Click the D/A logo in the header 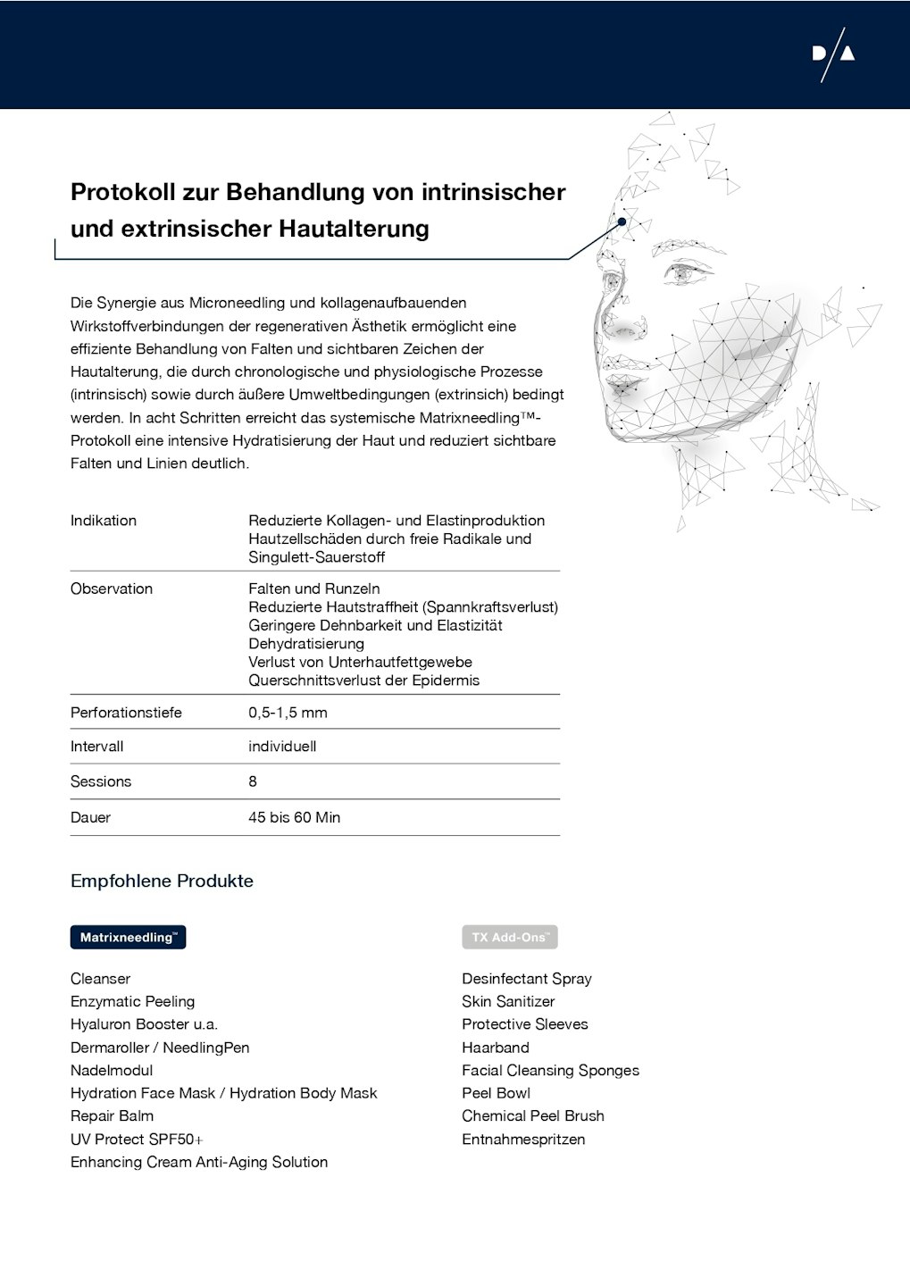(x=833, y=54)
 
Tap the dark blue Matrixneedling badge (x=128, y=937)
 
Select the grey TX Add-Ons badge (x=509, y=937)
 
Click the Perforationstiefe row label (x=126, y=713)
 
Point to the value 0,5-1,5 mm (x=288, y=713)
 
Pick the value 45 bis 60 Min (x=294, y=817)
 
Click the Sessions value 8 (x=253, y=781)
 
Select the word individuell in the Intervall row (x=282, y=747)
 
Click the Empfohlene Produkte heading (x=162, y=881)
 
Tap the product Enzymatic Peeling (x=132, y=1002)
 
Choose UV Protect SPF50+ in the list (x=137, y=1140)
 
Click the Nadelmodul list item (x=112, y=1070)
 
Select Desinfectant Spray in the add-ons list (x=526, y=979)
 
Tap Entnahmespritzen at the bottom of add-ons (x=523, y=1140)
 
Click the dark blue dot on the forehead (x=622, y=221)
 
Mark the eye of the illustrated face (x=685, y=271)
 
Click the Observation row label (x=112, y=589)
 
